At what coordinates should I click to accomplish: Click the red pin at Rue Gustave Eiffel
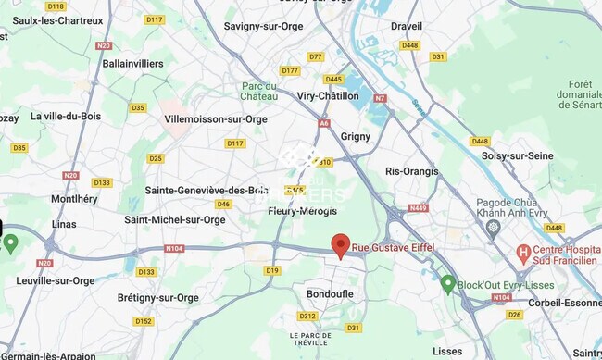point(341,244)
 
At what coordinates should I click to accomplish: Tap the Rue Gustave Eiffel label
point(393,248)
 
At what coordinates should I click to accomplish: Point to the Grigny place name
point(356,136)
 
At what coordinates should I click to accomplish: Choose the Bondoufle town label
point(330,293)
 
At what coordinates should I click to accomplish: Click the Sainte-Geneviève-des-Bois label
point(207,190)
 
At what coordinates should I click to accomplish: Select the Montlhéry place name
point(74,199)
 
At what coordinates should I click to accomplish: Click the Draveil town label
point(407,26)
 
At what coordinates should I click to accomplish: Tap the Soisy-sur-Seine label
point(517,155)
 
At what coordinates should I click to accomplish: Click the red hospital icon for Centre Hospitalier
point(524,251)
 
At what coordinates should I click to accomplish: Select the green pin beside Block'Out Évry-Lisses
point(448,283)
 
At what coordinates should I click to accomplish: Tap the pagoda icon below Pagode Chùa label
point(493,226)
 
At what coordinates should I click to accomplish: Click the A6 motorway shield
point(324,122)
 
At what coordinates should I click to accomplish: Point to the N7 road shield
point(380,97)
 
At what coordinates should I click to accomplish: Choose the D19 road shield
point(271,270)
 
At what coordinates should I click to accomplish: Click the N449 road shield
point(418,208)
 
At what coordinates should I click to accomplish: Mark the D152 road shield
point(143,321)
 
